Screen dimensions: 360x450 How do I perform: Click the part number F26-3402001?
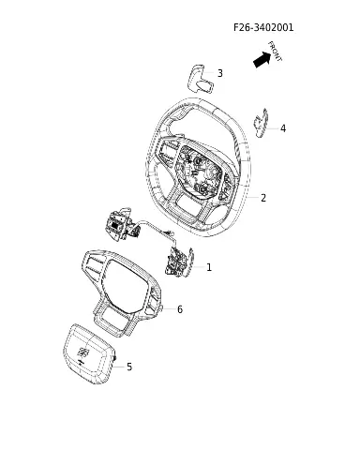[x=263, y=27]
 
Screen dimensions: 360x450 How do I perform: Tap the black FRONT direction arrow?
[x=262, y=59]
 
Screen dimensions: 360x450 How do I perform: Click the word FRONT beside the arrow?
[x=275, y=51]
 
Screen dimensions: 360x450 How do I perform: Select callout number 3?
[x=220, y=73]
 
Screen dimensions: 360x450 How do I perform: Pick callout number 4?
[x=283, y=128]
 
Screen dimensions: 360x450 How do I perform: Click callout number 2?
[x=263, y=198]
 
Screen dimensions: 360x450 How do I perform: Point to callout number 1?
[x=209, y=267]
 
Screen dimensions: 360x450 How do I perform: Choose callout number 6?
[x=180, y=309]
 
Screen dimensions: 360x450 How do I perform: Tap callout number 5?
[x=129, y=367]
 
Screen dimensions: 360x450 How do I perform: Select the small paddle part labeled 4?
[x=262, y=124]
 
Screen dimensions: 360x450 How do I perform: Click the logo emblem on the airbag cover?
[x=83, y=352]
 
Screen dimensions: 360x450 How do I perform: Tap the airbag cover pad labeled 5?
[x=89, y=353]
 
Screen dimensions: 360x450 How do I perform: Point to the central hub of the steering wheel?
[x=200, y=171]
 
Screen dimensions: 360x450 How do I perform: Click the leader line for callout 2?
[x=252, y=198]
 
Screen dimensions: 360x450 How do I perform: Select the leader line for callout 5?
[x=119, y=366]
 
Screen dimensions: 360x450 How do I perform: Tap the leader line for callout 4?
[x=272, y=128]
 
